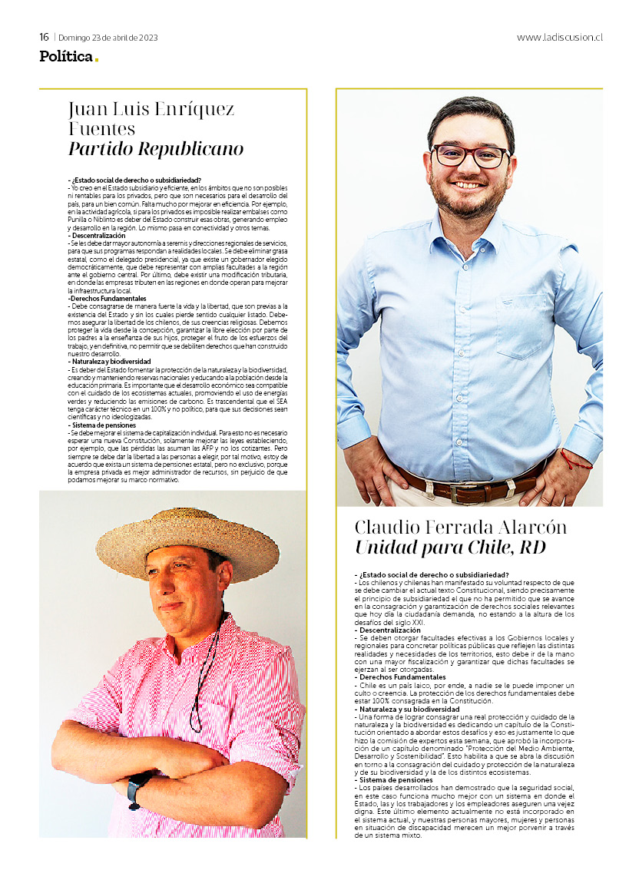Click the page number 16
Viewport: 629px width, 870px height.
(x=45, y=37)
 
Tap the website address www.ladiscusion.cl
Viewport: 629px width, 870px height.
(x=559, y=37)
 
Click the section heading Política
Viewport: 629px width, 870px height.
(x=66, y=56)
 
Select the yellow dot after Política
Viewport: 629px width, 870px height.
(x=97, y=60)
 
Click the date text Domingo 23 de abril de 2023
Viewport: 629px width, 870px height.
(x=108, y=38)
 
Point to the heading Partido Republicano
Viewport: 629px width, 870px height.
(x=156, y=148)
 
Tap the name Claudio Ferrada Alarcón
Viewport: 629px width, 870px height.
(x=461, y=527)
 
